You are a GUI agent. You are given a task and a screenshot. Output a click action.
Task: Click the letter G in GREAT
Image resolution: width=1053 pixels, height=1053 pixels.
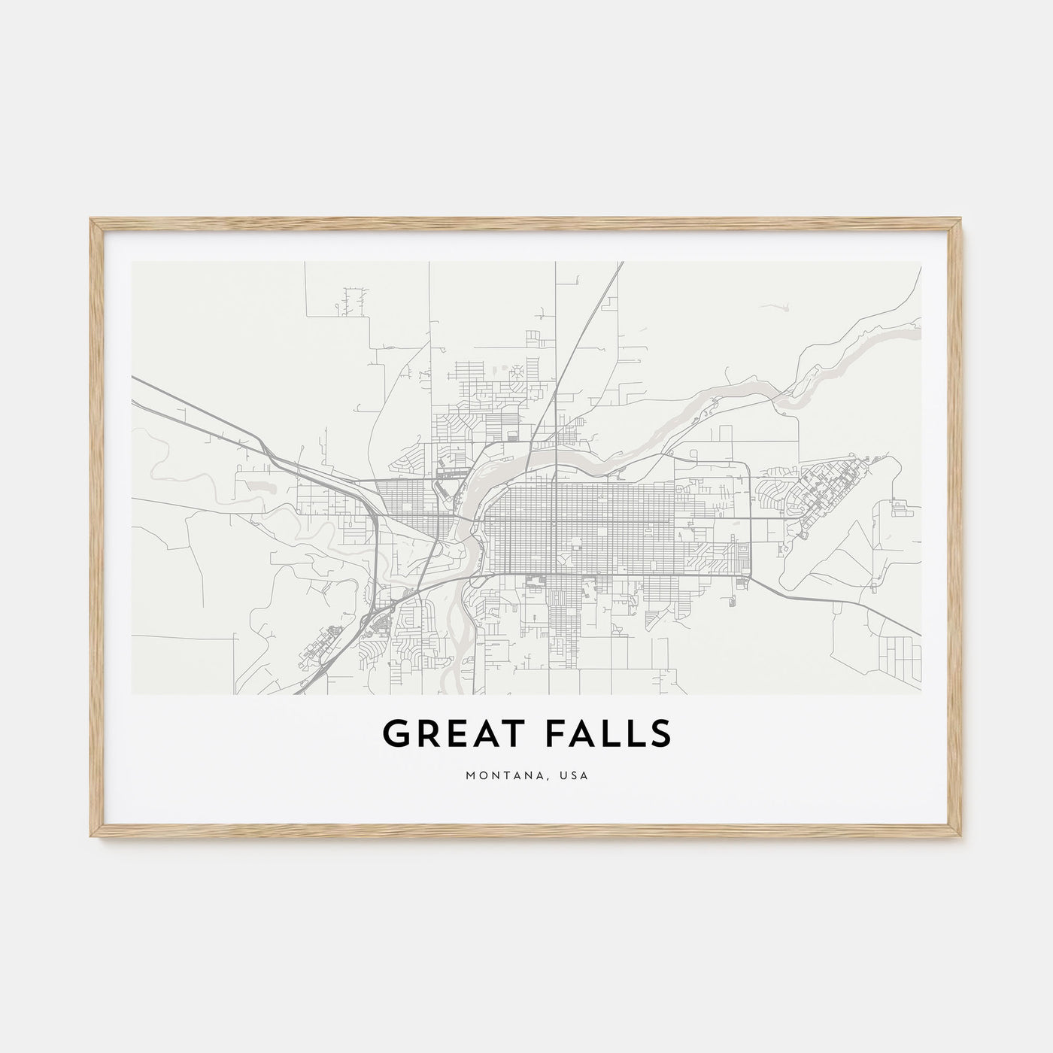click(x=396, y=735)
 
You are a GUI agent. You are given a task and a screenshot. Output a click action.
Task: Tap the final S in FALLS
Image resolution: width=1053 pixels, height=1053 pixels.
click(x=659, y=735)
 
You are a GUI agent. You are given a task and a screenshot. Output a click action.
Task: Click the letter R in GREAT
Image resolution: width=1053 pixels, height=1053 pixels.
click(x=423, y=735)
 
